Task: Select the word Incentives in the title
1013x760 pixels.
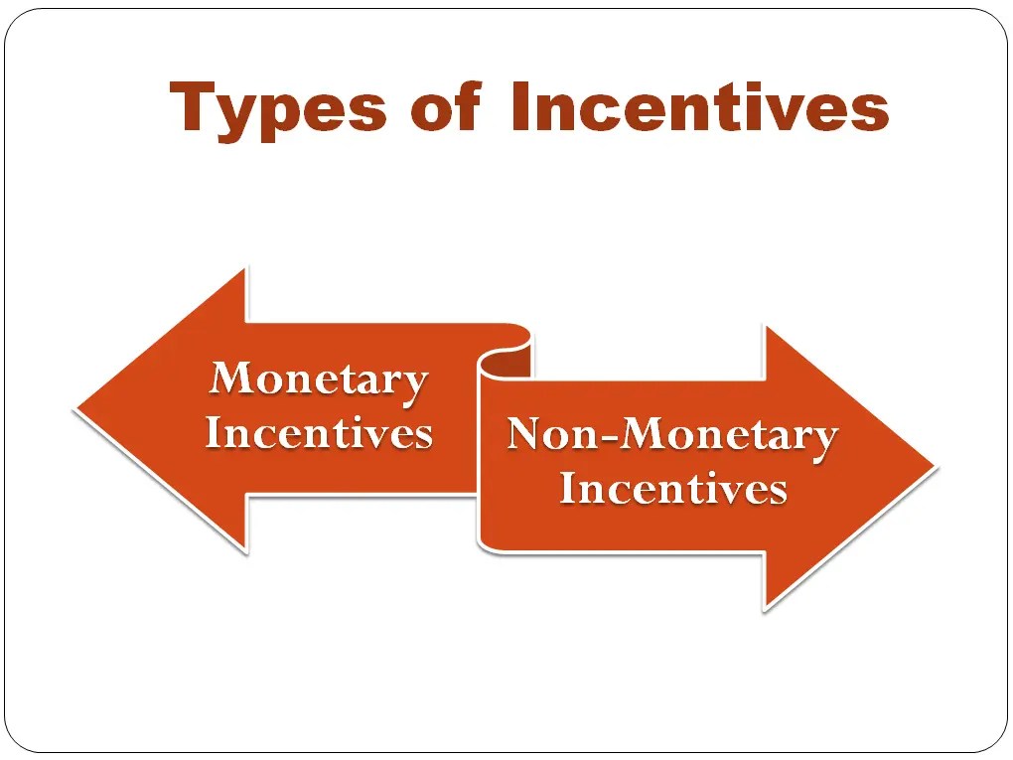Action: coord(699,108)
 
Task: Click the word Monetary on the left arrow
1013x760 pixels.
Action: coord(319,380)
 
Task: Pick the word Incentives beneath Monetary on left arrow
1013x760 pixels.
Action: coord(319,433)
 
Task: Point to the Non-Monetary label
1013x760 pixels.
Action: coord(672,435)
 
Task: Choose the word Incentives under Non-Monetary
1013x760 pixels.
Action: coord(672,488)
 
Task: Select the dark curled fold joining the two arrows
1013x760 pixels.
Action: coord(505,364)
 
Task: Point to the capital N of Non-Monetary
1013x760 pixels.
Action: coord(527,435)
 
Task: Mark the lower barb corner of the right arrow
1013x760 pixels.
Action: coord(765,607)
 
